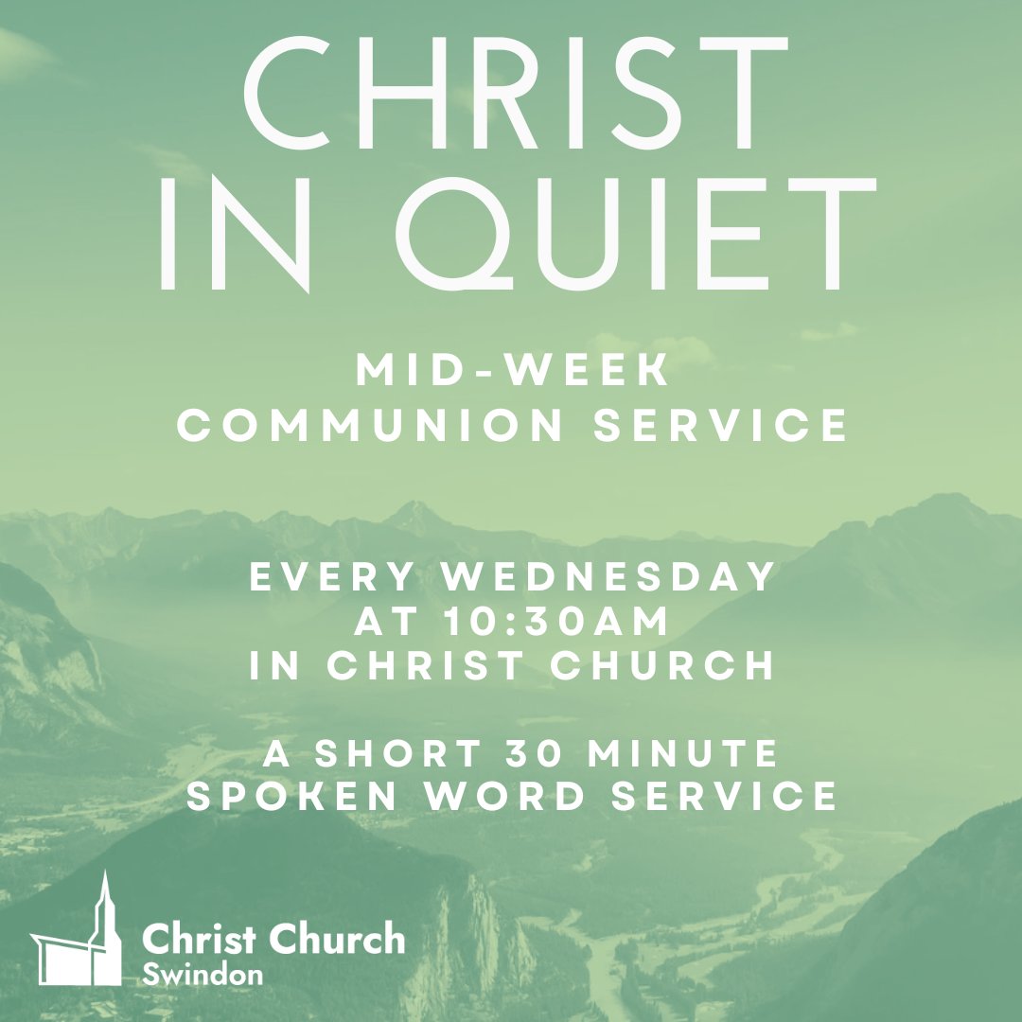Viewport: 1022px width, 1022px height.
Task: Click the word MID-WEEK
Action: pos(513,372)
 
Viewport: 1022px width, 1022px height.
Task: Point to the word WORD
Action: pos(507,797)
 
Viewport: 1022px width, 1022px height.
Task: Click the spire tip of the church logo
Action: pos(104,876)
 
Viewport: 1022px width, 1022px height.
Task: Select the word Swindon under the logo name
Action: pos(203,975)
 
